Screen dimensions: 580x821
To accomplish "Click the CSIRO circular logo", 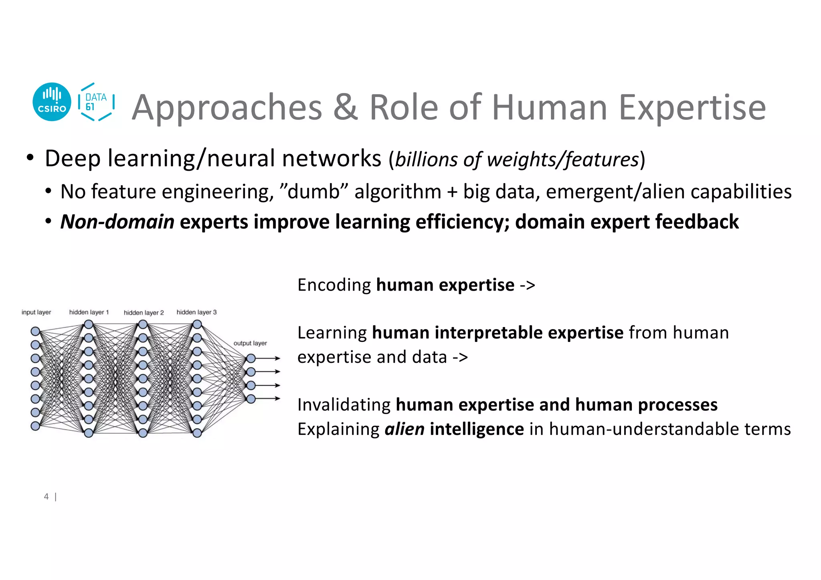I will (52, 102).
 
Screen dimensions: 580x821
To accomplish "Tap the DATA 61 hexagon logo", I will (96, 102).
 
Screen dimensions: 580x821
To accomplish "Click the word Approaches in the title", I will (227, 107).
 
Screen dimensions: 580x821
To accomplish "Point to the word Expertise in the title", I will (692, 107).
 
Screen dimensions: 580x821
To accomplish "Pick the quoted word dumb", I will (313, 191).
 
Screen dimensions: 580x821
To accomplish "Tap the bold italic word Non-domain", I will (117, 222).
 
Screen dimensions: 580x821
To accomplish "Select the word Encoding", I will (334, 285).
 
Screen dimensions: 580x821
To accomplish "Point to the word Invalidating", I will (344, 405).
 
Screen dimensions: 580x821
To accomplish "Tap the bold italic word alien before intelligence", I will (404, 429).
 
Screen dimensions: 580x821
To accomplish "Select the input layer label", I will (36, 312).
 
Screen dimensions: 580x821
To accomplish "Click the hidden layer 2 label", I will (144, 313).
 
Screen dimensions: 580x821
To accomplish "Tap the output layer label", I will (250, 343).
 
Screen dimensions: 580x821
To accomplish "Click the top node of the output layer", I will (251, 358).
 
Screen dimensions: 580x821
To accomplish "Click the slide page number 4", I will (47, 497).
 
